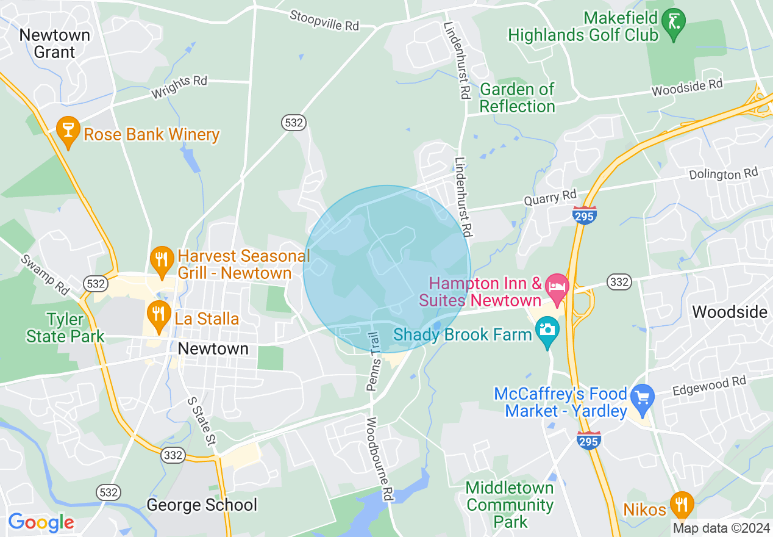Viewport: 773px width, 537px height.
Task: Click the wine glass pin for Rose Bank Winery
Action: click(68, 130)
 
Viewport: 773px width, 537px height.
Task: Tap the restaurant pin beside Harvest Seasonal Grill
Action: click(161, 259)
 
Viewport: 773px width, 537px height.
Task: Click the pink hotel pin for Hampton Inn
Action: click(557, 286)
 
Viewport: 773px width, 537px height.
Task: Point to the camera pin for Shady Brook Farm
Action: click(547, 331)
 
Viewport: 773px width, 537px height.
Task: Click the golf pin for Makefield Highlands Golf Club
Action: click(674, 23)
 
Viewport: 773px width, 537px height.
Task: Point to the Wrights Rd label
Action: click(179, 88)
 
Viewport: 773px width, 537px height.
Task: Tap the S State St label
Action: click(201, 420)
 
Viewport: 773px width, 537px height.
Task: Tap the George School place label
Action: click(202, 505)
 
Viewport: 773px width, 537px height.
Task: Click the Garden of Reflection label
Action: click(517, 98)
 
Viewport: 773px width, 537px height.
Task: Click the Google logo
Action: click(41, 522)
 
